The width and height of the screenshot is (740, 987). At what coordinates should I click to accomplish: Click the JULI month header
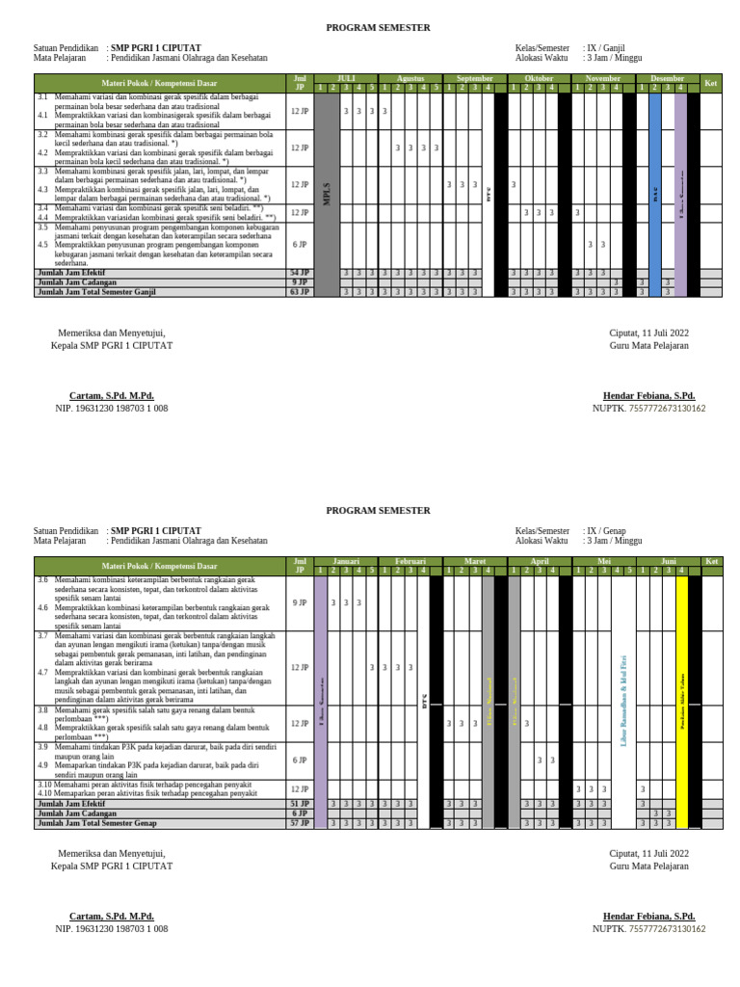click(x=346, y=78)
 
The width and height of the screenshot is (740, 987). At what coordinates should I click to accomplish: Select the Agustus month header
click(x=410, y=78)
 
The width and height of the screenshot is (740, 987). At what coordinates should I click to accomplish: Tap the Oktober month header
click(x=539, y=78)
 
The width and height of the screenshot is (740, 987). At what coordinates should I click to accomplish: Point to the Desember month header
click(x=667, y=78)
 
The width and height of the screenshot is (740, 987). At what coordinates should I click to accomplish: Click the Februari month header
click(x=410, y=561)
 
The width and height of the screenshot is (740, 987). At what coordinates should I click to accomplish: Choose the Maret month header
click(x=475, y=561)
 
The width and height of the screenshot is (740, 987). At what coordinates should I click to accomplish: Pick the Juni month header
click(x=669, y=561)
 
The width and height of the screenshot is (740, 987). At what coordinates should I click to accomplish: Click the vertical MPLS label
click(x=327, y=193)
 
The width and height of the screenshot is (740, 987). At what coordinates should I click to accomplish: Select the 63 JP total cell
click(x=300, y=291)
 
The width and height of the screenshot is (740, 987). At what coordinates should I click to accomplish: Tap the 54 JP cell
click(x=300, y=273)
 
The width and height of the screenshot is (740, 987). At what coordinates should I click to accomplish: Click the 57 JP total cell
click(x=300, y=823)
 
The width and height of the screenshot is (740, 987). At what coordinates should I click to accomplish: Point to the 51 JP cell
click(x=300, y=803)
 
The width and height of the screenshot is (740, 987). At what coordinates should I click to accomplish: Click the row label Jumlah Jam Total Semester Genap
click(x=96, y=823)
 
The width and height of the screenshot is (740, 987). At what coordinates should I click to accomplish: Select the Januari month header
click(x=346, y=561)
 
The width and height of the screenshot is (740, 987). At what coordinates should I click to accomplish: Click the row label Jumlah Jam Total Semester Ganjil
click(x=96, y=291)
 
